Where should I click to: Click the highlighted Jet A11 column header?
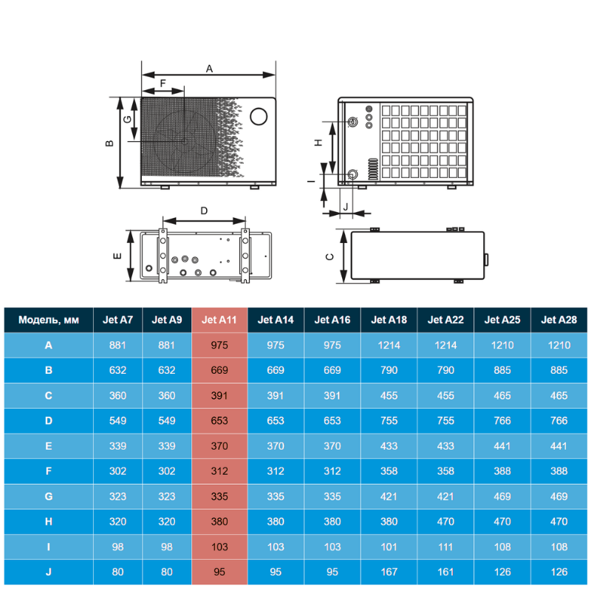pyautogui.click(x=219, y=320)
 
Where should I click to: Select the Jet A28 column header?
pyautogui.click(x=559, y=320)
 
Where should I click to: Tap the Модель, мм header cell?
pyautogui.click(x=49, y=320)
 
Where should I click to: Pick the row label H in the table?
pyautogui.click(x=49, y=522)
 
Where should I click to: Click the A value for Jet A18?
pyautogui.click(x=389, y=345)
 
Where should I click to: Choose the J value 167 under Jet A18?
pyautogui.click(x=389, y=572)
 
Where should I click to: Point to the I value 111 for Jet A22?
pyautogui.click(x=445, y=547)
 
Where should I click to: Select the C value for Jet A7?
pyautogui.click(x=117, y=395)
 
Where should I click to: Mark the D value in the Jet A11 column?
pyautogui.click(x=219, y=420)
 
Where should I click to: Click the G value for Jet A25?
pyautogui.click(x=502, y=496)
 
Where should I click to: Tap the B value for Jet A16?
pyautogui.click(x=332, y=370)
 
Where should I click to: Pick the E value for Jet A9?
pyautogui.click(x=167, y=446)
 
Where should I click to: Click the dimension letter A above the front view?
pyautogui.click(x=209, y=69)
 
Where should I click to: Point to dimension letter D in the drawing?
pyautogui.click(x=204, y=211)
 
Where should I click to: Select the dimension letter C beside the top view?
pyautogui.click(x=329, y=256)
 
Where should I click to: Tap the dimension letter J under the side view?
pyautogui.click(x=346, y=207)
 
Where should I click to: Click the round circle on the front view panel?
pyautogui.click(x=259, y=117)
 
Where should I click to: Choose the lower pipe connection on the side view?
pyautogui.click(x=352, y=174)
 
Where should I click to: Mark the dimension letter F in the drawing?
pyautogui.click(x=163, y=83)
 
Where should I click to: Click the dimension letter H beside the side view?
pyautogui.click(x=319, y=143)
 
